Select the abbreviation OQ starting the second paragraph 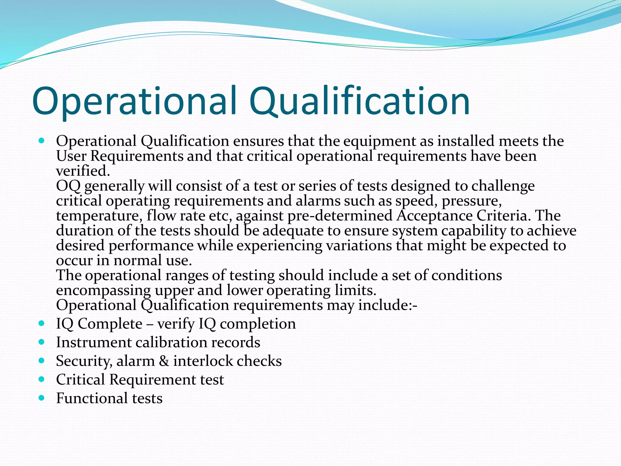pyautogui.click(x=68, y=186)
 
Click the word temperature pyautogui.click(x=99, y=216)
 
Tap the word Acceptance pyautogui.click(x=435, y=216)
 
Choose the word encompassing pyautogui.click(x=103, y=290)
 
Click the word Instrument pyautogui.click(x=93, y=343)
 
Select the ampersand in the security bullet pyautogui.click(x=164, y=361)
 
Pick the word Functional pyautogui.click(x=92, y=398)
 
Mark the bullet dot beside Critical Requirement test pyautogui.click(x=42, y=379)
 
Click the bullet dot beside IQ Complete pyautogui.click(x=42, y=323)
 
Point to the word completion pyautogui.click(x=258, y=324)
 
